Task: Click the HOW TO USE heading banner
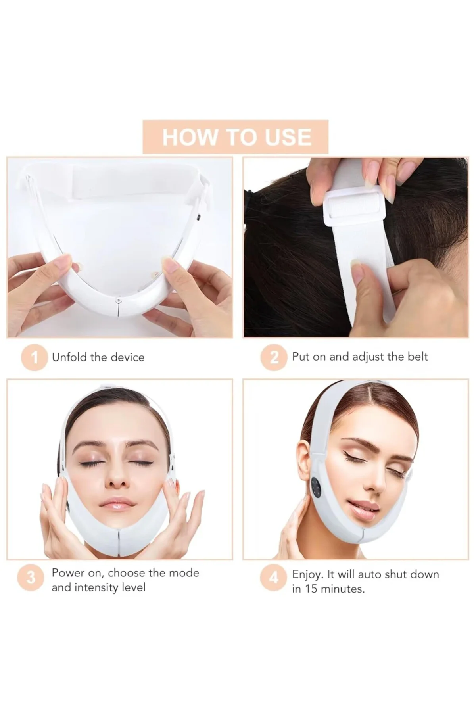click(x=236, y=137)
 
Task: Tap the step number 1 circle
click(x=34, y=357)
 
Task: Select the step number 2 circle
click(x=273, y=357)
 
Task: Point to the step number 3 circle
click(x=31, y=578)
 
